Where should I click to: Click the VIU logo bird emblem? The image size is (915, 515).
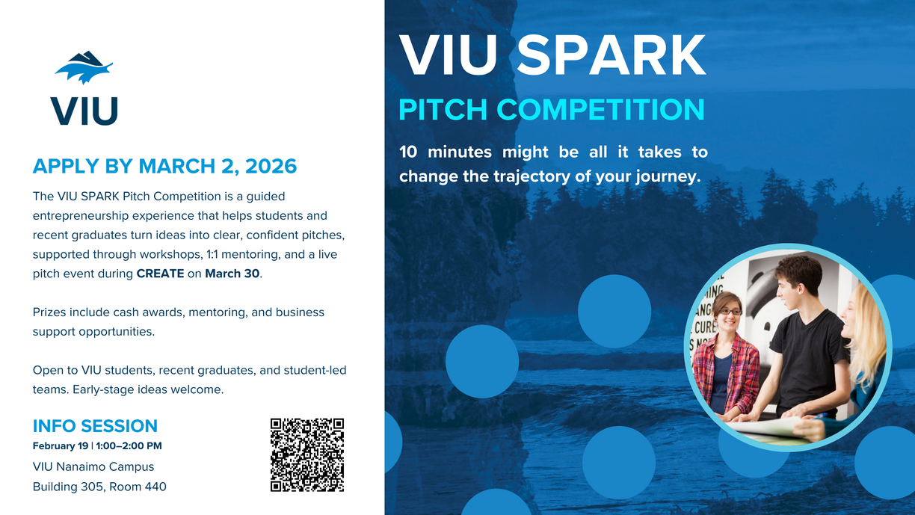pyautogui.click(x=84, y=68)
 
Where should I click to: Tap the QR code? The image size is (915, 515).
pyautogui.click(x=306, y=454)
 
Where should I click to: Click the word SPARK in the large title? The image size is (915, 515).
pyautogui.click(x=611, y=55)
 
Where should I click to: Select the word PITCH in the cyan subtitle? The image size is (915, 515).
pyautogui.click(x=444, y=109)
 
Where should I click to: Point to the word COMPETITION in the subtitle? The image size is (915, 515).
pyautogui.click(x=600, y=109)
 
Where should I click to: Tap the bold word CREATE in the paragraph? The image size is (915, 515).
pyautogui.click(x=160, y=274)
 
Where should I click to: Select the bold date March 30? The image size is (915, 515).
pyautogui.click(x=232, y=274)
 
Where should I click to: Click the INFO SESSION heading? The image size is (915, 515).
pyautogui.click(x=95, y=426)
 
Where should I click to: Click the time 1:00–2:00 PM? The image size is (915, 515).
pyautogui.click(x=129, y=446)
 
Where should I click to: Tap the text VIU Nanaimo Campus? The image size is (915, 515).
pyautogui.click(x=93, y=466)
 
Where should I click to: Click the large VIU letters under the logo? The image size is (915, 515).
pyautogui.click(x=84, y=111)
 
